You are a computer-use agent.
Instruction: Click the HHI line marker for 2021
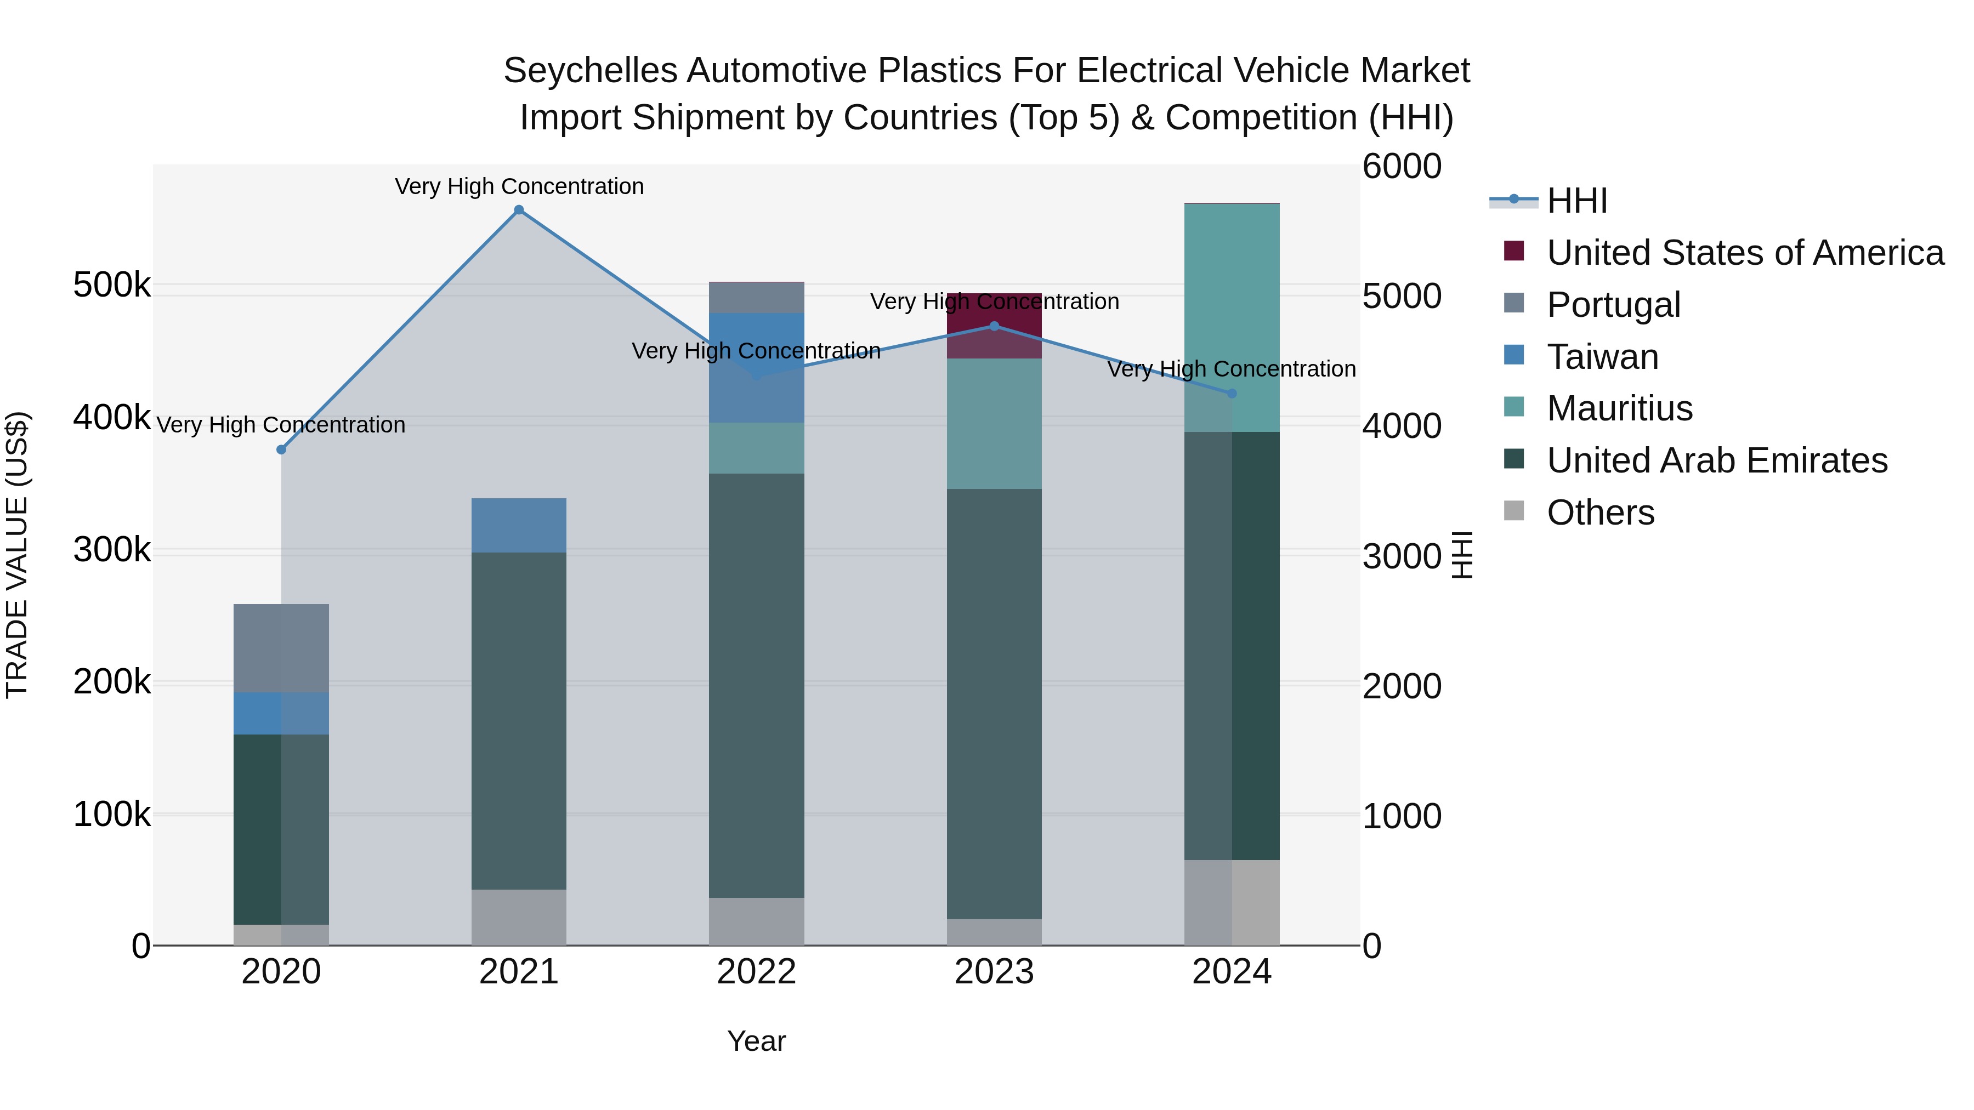tap(519, 210)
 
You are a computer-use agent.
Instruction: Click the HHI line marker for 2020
tap(281, 449)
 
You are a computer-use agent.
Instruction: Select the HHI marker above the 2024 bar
tap(1232, 394)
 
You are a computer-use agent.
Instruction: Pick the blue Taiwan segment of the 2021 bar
tap(519, 526)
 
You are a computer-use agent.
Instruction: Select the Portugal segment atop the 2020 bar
tap(281, 648)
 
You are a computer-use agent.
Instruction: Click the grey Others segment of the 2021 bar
tap(519, 917)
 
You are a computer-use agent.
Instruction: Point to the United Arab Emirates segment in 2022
tap(756, 686)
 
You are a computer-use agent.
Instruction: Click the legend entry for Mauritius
tap(1619, 408)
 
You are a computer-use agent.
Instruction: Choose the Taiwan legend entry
tap(1602, 357)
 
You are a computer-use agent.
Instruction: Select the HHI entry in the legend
tap(1576, 201)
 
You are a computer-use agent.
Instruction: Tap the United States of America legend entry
tap(1745, 253)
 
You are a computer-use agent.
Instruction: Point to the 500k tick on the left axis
tap(112, 286)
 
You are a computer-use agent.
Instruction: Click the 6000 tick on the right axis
tap(1402, 166)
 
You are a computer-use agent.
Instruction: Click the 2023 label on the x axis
tap(994, 972)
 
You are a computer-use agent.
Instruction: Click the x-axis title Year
tap(756, 1041)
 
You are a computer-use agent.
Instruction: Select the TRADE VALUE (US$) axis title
tap(17, 555)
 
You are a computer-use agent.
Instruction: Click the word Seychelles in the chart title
tap(590, 71)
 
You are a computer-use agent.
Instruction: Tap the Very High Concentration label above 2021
tap(519, 186)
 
